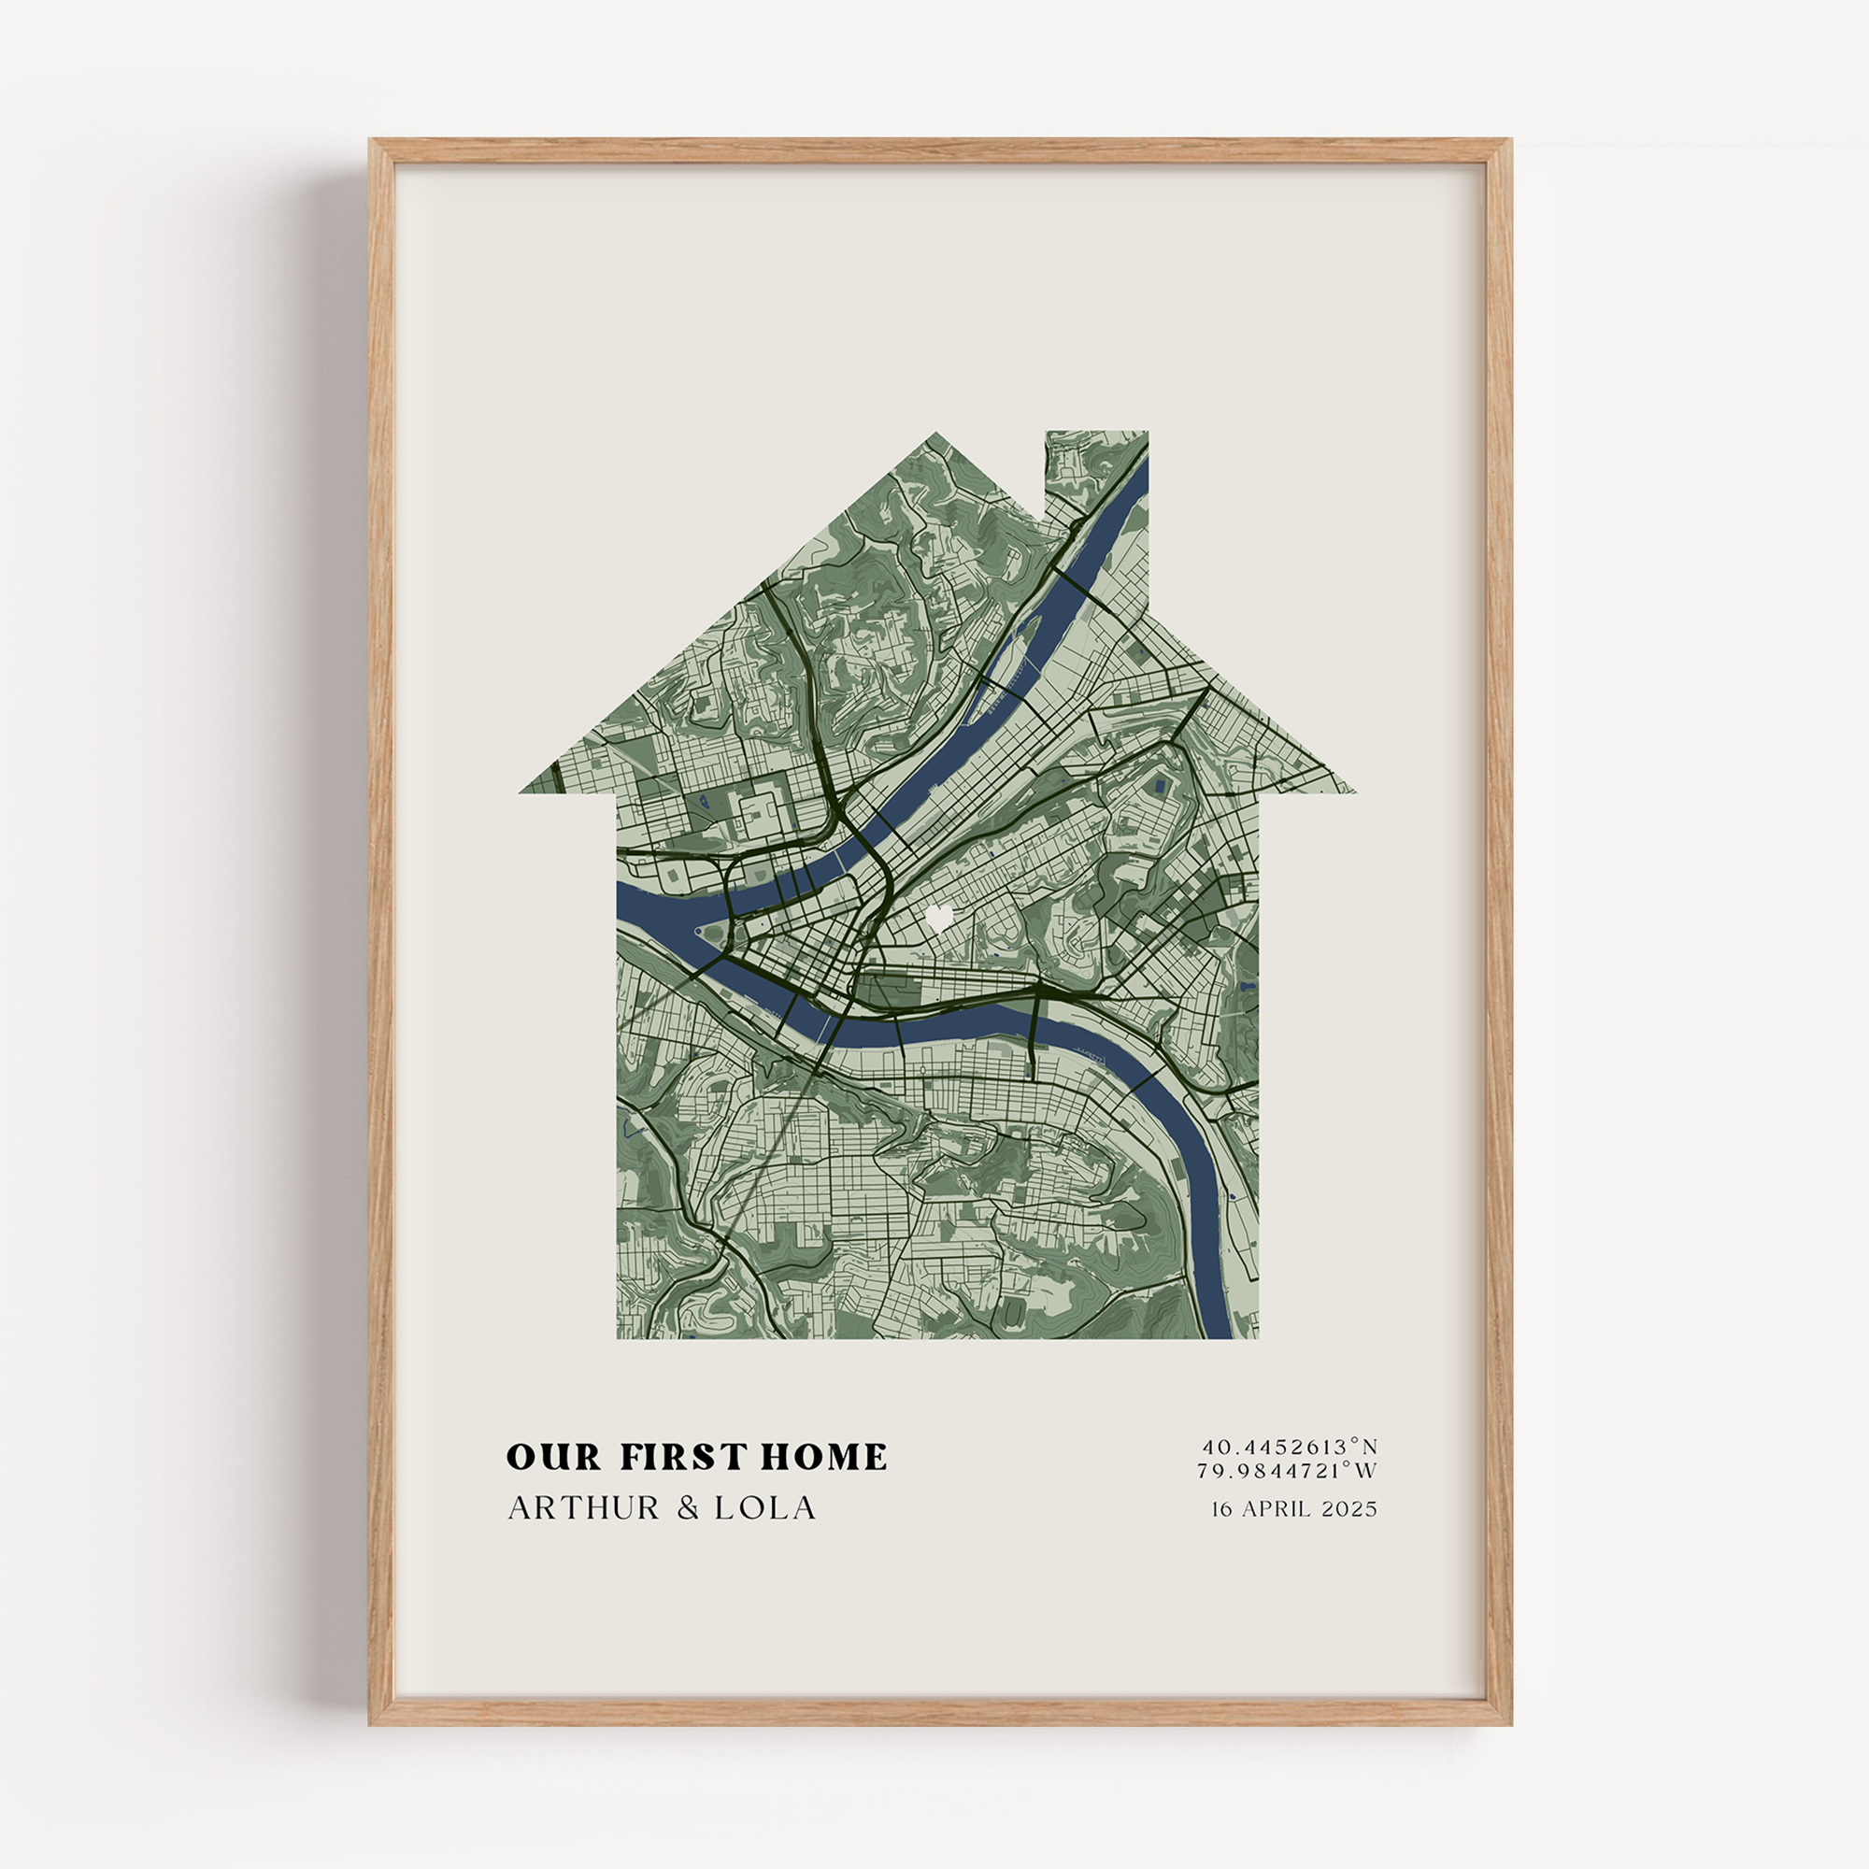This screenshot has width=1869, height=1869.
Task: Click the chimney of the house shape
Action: pyautogui.click(x=1097, y=474)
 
